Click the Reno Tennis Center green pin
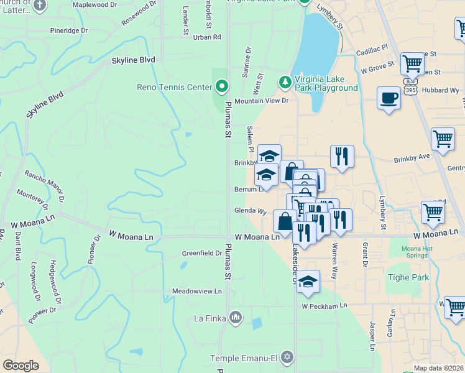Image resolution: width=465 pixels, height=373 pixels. (222, 86)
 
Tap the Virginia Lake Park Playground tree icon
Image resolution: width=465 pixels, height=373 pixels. (285, 81)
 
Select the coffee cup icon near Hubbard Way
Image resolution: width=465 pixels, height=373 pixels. (389, 98)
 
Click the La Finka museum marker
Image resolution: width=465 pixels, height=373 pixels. (235, 318)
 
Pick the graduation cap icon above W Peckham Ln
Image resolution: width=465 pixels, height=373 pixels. (307, 282)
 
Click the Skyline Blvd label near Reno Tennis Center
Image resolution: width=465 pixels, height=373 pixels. (133, 60)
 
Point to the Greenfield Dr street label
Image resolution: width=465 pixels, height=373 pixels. (202, 253)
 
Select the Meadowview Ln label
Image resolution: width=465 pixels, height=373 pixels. (197, 291)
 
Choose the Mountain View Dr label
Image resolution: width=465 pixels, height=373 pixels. (262, 100)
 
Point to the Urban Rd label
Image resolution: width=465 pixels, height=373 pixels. (207, 37)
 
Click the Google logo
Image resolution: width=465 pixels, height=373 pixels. (21, 366)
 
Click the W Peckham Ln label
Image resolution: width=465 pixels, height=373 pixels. (324, 306)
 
